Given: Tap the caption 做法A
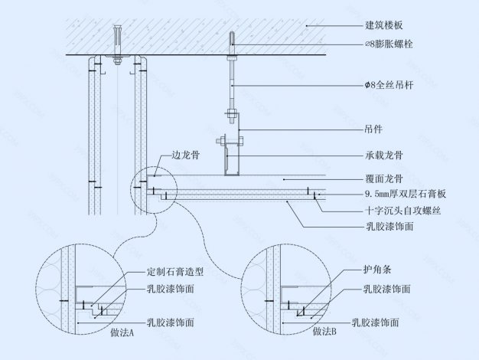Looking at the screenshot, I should (120, 333).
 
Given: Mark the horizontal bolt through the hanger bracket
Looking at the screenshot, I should (228, 140).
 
